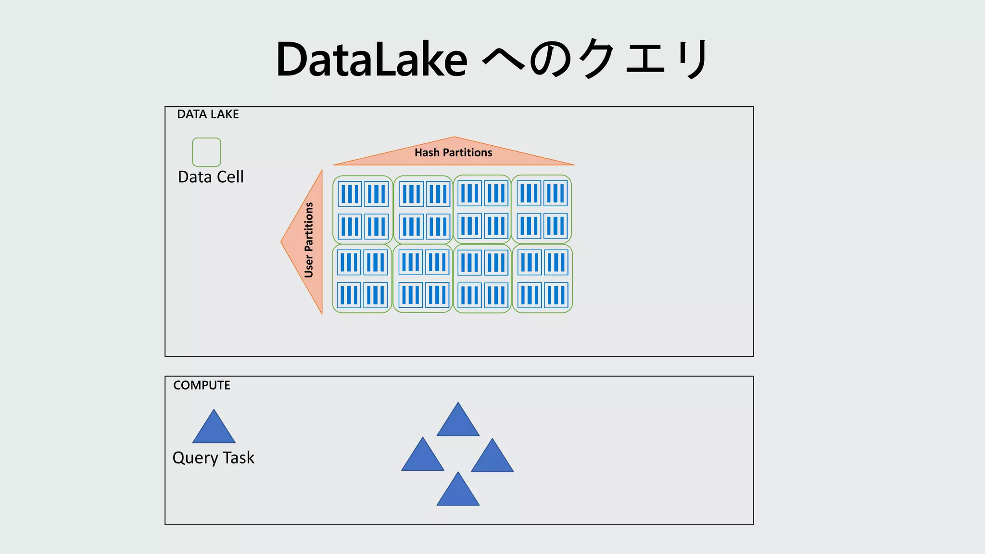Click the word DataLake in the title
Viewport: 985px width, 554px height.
[371, 60]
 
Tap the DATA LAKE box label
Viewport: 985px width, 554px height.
[208, 114]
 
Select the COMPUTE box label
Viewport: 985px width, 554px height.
[202, 385]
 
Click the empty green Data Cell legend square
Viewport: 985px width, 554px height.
[206, 152]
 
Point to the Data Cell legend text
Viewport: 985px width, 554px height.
[211, 177]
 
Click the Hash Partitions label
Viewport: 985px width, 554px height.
[453, 153]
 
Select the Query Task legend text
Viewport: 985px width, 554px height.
[213, 458]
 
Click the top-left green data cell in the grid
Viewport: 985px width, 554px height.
[363, 210]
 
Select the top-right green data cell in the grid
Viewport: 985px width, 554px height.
[542, 209]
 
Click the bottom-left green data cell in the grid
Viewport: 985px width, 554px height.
[362, 279]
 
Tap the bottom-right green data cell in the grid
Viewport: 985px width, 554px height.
[543, 279]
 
